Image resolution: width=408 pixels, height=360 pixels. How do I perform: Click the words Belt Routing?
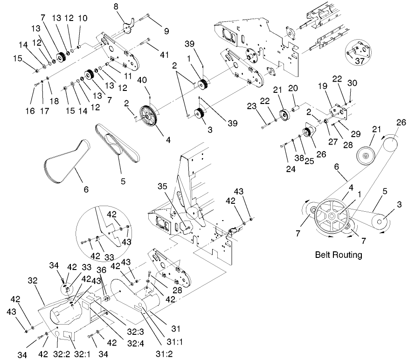(x=338, y=255)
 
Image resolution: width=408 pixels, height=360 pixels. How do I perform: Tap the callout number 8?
(x=116, y=7)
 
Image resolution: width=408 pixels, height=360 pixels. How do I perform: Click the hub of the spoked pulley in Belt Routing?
(x=331, y=216)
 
